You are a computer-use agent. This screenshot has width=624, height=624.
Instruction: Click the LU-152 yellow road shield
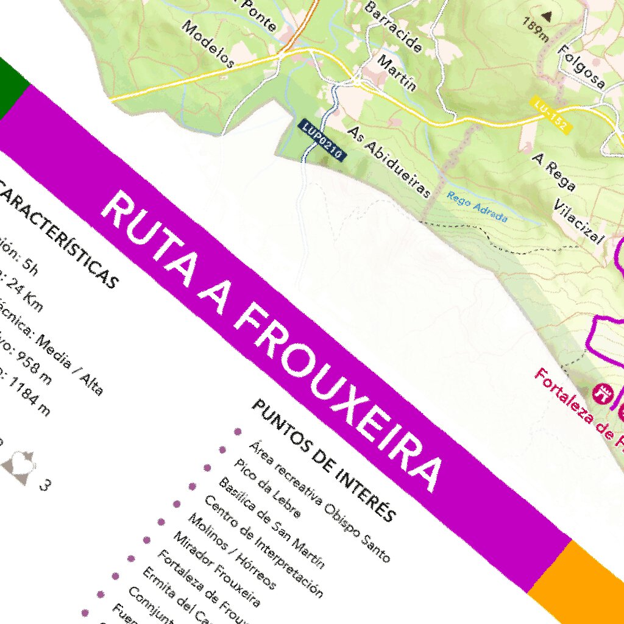click(x=551, y=115)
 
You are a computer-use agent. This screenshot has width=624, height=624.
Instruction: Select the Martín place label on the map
click(x=397, y=73)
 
